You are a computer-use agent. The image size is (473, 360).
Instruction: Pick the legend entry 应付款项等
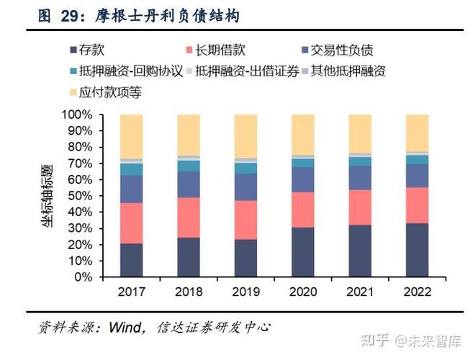pos(108,91)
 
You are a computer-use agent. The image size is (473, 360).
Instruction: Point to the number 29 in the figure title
pos(69,15)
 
